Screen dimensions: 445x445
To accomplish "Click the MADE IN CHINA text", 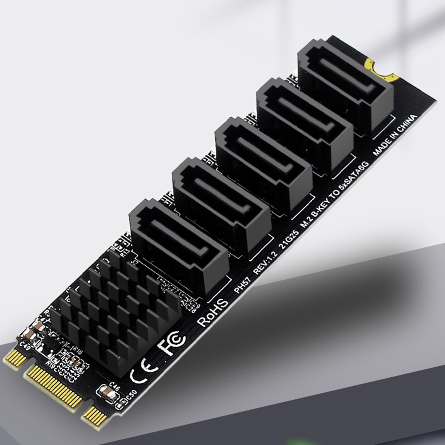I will [395, 135].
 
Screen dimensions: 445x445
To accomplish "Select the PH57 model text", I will [242, 285].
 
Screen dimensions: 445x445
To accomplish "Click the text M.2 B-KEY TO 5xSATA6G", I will [335, 194].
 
